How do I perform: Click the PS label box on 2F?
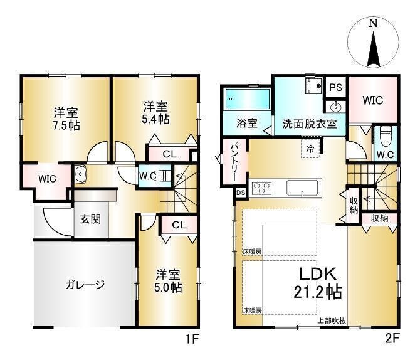click(x=335, y=87)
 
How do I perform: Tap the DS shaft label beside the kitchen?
click(x=241, y=193)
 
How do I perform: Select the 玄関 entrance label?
click(x=90, y=220)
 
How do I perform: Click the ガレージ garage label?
click(x=85, y=284)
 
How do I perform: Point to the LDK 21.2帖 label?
click(x=318, y=283)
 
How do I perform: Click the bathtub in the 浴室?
click(x=248, y=99)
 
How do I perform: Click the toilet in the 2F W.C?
click(x=386, y=136)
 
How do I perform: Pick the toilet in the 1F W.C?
click(x=164, y=176)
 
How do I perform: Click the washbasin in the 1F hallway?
click(x=80, y=174)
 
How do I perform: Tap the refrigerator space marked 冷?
click(x=310, y=149)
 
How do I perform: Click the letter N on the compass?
click(x=373, y=23)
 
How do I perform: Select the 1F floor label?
click(x=192, y=339)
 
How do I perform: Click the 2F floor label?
click(x=392, y=339)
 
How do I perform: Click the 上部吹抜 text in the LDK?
click(x=332, y=320)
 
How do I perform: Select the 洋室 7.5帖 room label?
click(x=66, y=119)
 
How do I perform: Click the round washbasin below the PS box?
click(x=335, y=107)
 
